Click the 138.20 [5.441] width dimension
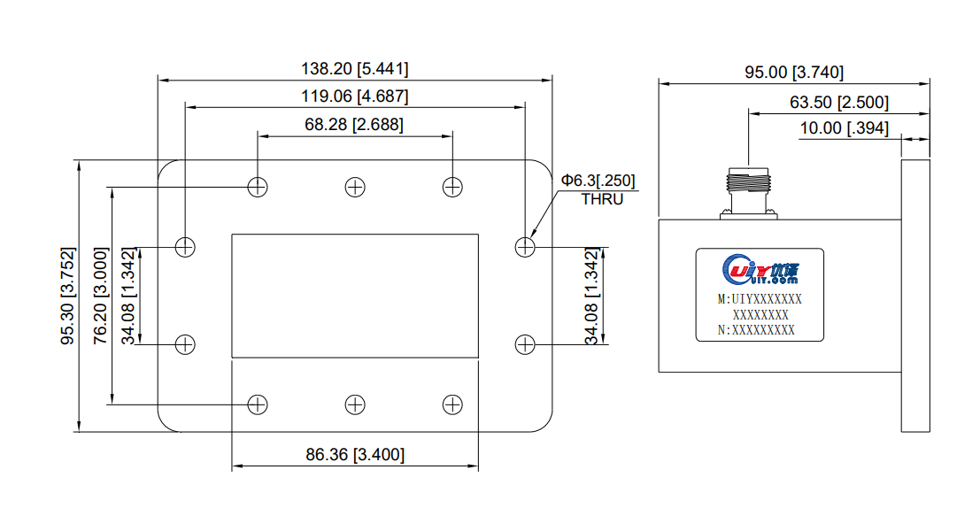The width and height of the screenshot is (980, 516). pos(355,68)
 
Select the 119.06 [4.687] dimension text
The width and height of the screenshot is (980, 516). pos(355,96)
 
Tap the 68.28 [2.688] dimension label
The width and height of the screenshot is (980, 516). pos(354,125)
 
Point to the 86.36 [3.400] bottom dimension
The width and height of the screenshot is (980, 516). pos(355,455)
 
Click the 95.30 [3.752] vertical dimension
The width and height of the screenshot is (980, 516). pos(68,297)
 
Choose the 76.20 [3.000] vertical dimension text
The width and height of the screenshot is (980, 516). pos(100,297)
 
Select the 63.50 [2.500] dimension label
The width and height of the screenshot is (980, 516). pos(839,102)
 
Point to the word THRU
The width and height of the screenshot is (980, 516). pos(602,199)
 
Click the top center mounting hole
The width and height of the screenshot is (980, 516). pos(355,187)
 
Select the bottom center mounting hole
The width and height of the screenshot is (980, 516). pos(355,404)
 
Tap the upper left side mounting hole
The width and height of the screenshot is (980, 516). pos(185,247)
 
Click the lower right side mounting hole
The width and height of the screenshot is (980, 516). pos(525,344)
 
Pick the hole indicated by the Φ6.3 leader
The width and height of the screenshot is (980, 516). pos(525,247)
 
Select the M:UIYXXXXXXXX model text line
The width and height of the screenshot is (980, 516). pos(760,299)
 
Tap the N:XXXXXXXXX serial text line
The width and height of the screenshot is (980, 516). pos(756,330)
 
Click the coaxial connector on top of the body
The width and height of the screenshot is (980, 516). pos(748,192)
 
